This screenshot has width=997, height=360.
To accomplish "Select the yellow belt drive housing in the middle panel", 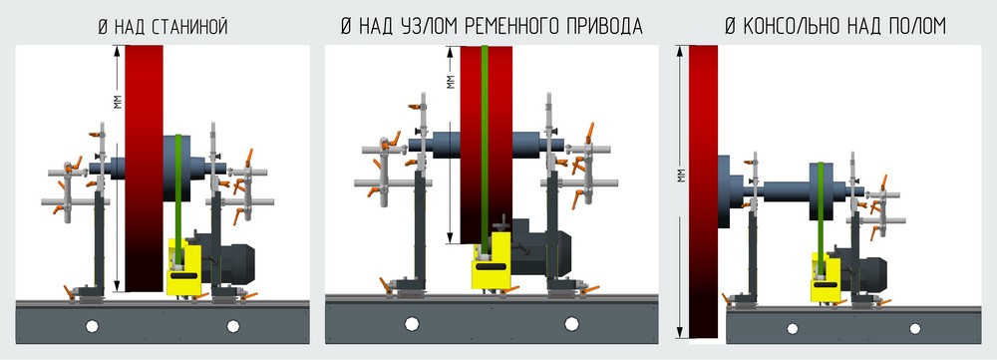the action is tap(492, 260).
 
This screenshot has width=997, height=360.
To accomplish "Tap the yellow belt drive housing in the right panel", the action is tap(827, 273).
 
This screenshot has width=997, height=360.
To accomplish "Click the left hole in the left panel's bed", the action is tap(93, 325).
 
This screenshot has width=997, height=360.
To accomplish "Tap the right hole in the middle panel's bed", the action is tap(572, 323).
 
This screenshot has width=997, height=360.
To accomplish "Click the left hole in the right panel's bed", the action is tap(793, 326).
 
